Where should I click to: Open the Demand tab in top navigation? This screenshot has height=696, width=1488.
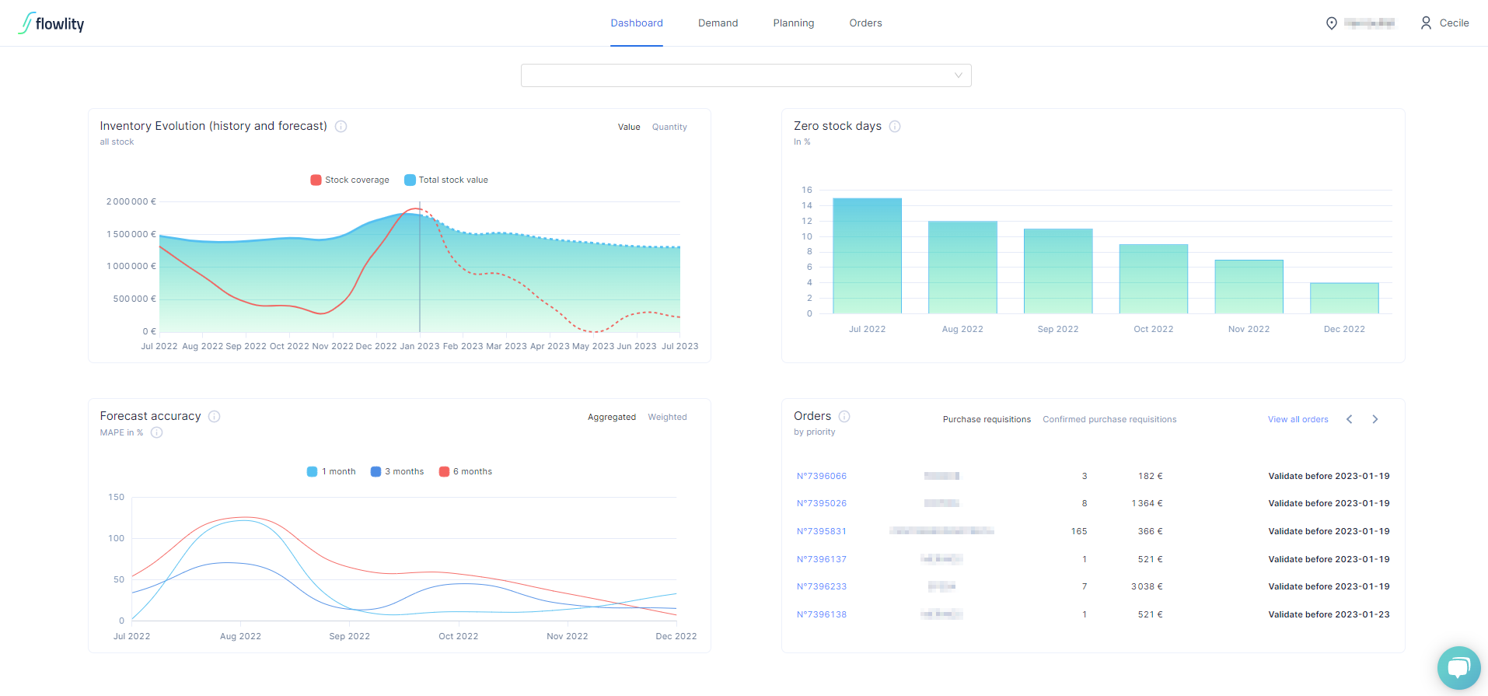[718, 23]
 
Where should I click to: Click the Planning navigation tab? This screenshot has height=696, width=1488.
[793, 23]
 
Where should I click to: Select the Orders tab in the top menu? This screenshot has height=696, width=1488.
[865, 23]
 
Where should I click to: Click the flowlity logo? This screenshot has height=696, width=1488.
[51, 23]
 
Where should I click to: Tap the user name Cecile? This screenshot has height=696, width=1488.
[1453, 23]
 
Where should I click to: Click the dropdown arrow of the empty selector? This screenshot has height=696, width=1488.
[958, 75]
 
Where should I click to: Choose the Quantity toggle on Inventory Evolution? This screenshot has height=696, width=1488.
[669, 127]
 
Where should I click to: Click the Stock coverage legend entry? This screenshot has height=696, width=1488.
[350, 180]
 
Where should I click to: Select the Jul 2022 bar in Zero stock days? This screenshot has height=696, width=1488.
[867, 257]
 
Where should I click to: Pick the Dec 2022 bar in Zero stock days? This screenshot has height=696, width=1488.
[1344, 299]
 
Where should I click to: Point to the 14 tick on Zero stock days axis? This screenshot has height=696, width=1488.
[807, 205]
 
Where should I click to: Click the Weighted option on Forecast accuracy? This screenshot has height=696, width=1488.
[667, 417]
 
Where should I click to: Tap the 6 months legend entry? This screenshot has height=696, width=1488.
[466, 471]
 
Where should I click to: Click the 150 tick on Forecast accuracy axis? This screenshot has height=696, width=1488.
[117, 497]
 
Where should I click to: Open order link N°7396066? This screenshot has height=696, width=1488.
[821, 476]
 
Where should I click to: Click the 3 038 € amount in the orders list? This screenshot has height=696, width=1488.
[1147, 586]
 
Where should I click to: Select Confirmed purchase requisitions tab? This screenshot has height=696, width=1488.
[1109, 419]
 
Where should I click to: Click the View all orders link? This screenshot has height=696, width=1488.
[1298, 419]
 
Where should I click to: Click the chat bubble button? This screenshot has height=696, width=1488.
[1458, 667]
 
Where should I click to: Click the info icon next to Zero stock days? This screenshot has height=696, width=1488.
[895, 126]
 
